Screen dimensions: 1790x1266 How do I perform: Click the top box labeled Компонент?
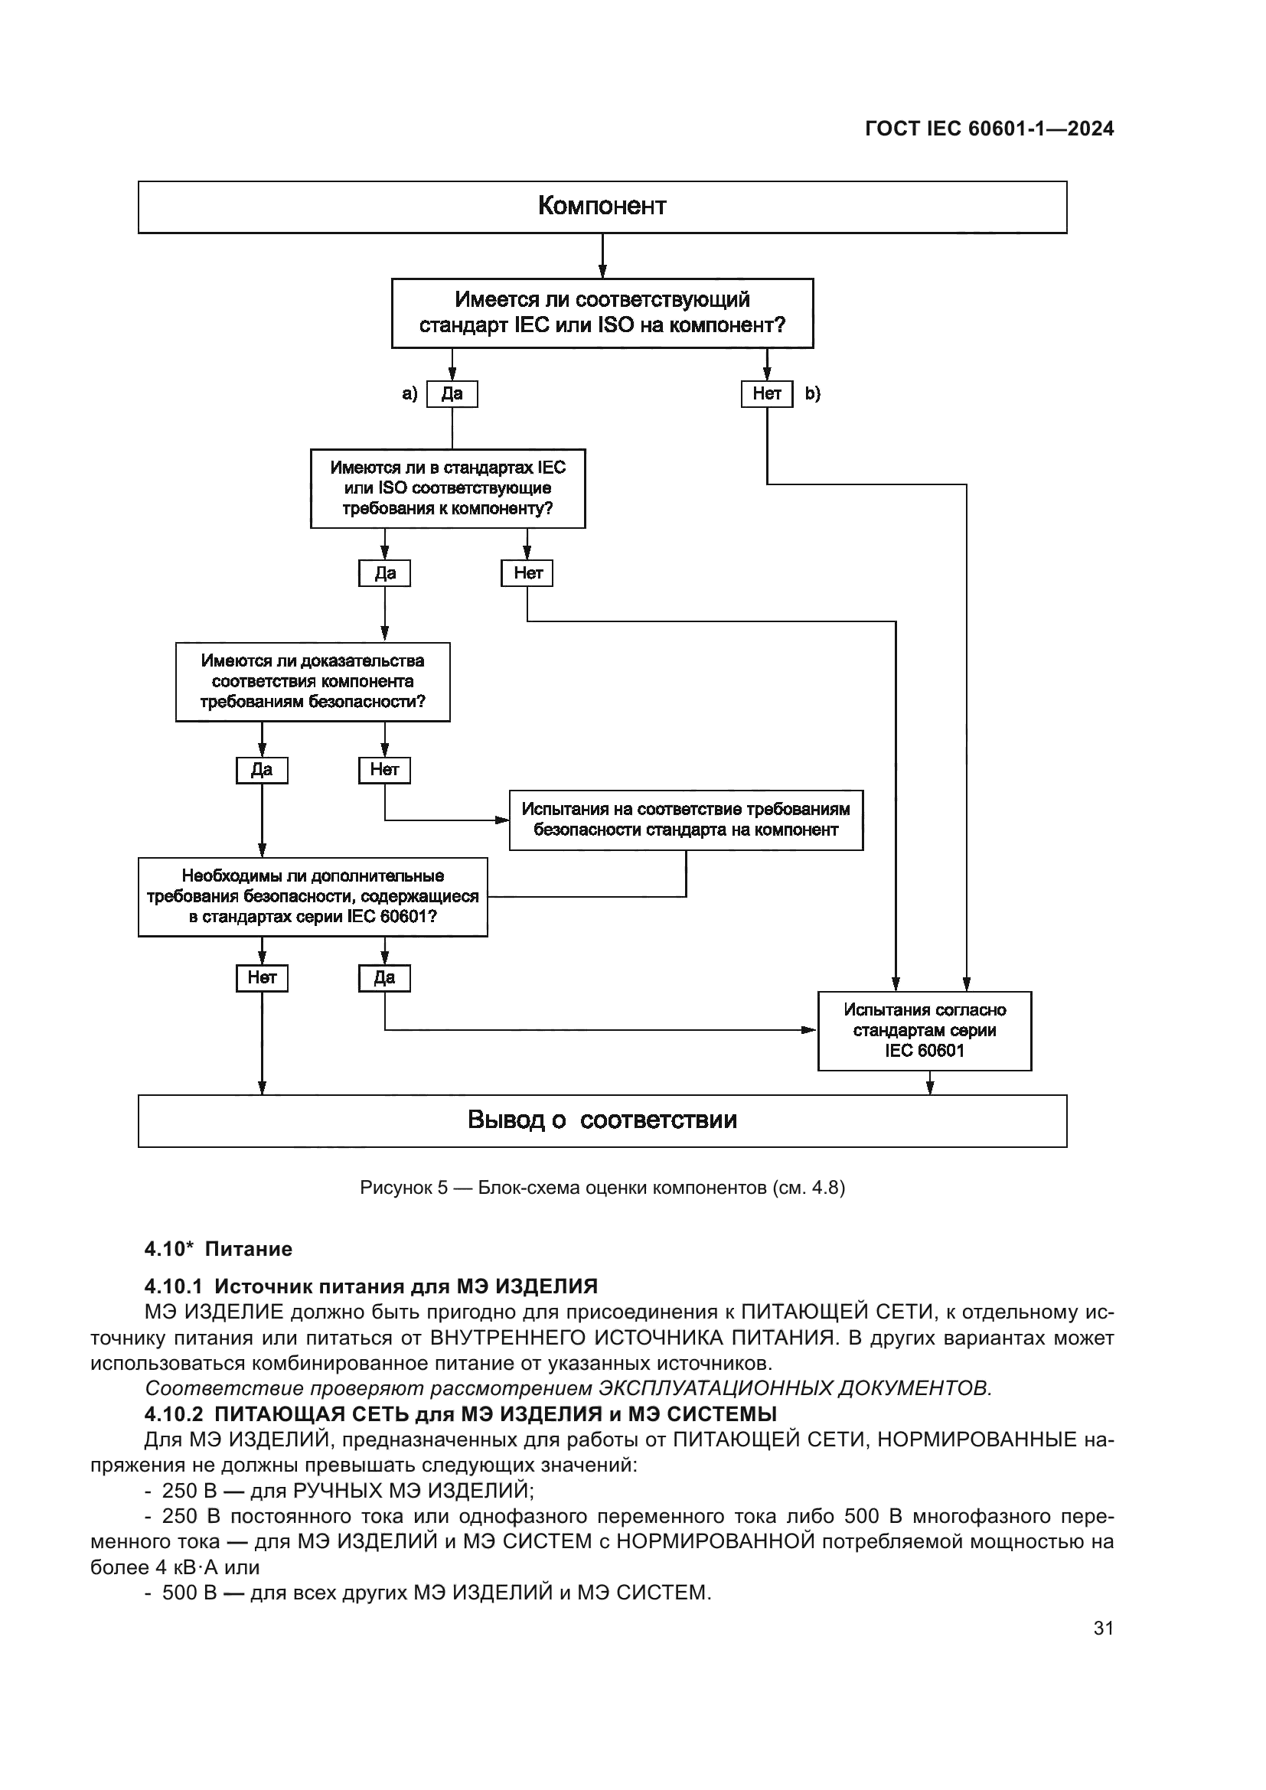coord(602,207)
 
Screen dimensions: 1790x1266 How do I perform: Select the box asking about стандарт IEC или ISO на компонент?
coord(602,313)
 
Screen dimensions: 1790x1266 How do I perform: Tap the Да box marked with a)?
coord(452,393)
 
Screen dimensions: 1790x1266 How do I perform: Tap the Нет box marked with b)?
coord(766,393)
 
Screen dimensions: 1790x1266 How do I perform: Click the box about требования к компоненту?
coord(448,488)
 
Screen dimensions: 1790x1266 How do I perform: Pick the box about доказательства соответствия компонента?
coord(312,681)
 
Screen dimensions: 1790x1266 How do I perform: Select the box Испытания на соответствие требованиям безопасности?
coord(686,820)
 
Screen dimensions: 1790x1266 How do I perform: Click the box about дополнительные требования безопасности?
coord(312,897)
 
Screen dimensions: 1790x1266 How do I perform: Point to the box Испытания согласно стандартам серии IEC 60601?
coord(925,1030)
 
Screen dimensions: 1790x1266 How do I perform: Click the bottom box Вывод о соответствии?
coord(602,1120)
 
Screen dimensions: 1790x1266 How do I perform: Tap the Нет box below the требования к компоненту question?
coord(528,573)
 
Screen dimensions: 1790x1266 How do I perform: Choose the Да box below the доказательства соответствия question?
coord(262,771)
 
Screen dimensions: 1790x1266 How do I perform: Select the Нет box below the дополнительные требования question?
coord(262,977)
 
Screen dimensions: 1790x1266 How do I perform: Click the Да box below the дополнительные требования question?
coord(384,977)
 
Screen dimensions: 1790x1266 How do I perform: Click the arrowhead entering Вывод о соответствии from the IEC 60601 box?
coord(930,1088)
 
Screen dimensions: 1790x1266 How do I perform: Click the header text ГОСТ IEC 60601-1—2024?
coord(989,129)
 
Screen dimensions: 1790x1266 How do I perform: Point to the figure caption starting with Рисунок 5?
coord(602,1188)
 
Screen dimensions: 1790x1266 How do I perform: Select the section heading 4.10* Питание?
coord(218,1249)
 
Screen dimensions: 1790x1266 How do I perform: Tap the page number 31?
coord(1103,1628)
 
